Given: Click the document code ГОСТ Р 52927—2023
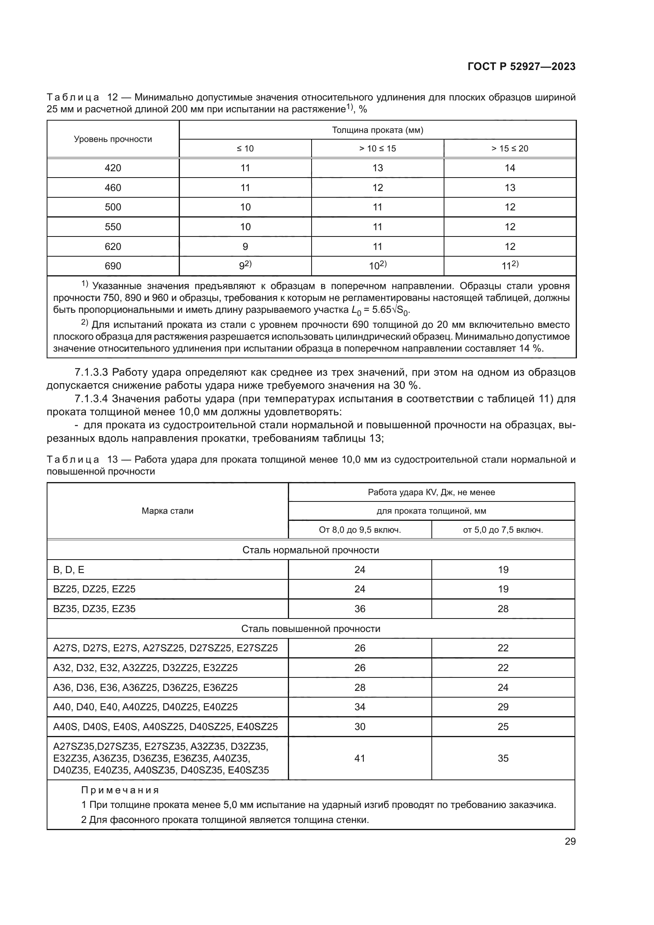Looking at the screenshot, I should pyautogui.click(x=522, y=67).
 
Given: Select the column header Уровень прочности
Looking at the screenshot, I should pyautogui.click(x=113, y=139).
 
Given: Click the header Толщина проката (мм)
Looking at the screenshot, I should pyautogui.click(x=377, y=130).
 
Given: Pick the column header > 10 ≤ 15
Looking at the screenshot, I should pyautogui.click(x=377, y=149).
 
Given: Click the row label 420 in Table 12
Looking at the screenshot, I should pyautogui.click(x=113, y=168).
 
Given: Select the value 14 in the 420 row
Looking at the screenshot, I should pyautogui.click(x=510, y=168).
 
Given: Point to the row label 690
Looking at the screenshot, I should pyautogui.click(x=113, y=266).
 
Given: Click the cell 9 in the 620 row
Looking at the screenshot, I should pyautogui.click(x=245, y=246).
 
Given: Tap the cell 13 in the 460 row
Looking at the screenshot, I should pyautogui.click(x=510, y=188).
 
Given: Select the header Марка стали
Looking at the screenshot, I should pyautogui.click(x=168, y=511).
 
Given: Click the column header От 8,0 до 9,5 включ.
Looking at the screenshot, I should pyautogui.click(x=359, y=530).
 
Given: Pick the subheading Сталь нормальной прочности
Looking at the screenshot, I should pyautogui.click(x=310, y=550).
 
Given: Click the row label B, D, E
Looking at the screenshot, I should pyautogui.click(x=69, y=569).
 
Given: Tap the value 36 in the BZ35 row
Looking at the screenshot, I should pyautogui.click(x=359, y=609).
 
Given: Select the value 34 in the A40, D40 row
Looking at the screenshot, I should pyautogui.click(x=359, y=707).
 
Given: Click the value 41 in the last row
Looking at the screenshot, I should pyautogui.click(x=359, y=758).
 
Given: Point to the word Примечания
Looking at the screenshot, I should pyautogui.click(x=120, y=790).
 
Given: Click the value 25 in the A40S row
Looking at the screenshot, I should pyautogui.click(x=503, y=726).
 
